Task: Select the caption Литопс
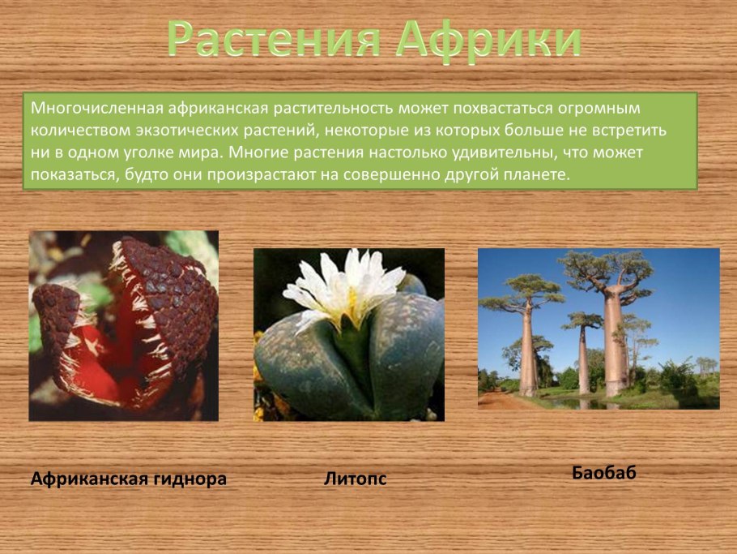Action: coord(355,479)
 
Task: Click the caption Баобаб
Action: coord(604,473)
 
